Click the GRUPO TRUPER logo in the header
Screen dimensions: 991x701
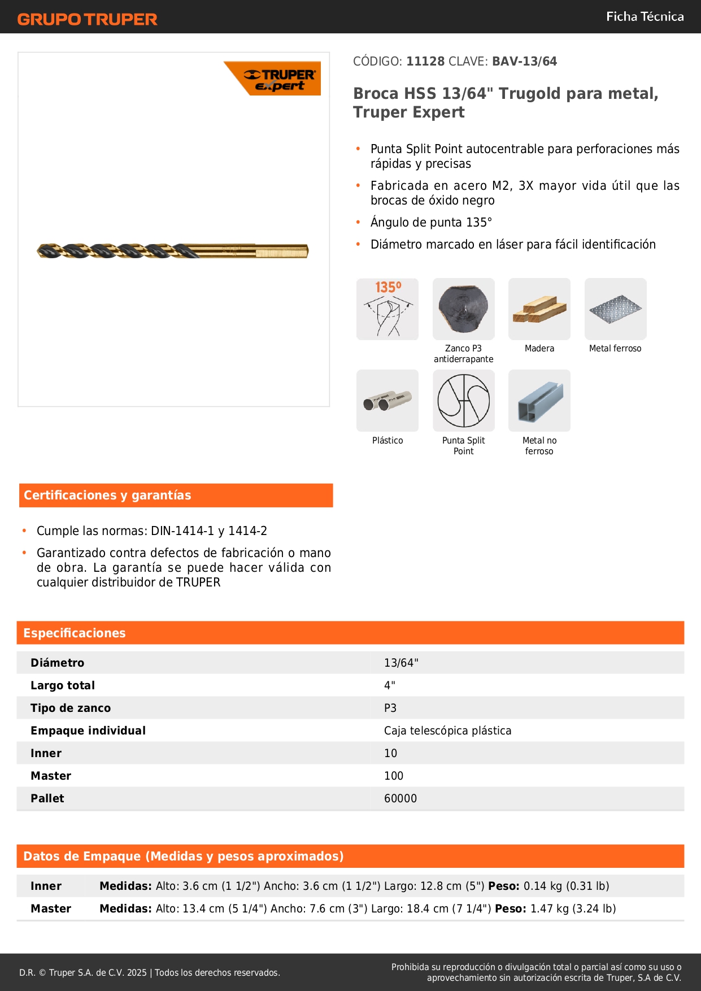tap(87, 19)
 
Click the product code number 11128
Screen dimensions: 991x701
tap(425, 61)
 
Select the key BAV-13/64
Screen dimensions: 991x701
tap(524, 61)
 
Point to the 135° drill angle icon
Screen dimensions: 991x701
tap(387, 309)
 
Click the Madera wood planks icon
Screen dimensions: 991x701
tap(539, 309)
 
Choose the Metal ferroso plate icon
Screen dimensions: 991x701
tap(615, 309)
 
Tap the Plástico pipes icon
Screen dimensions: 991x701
tap(387, 401)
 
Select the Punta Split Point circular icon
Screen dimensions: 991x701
tap(464, 401)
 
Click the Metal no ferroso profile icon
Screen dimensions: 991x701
tap(539, 401)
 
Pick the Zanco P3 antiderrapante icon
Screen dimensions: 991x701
tap(464, 309)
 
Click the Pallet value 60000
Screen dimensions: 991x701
tap(400, 798)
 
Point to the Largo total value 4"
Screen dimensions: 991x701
tap(390, 685)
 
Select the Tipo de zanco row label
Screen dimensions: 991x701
tap(71, 708)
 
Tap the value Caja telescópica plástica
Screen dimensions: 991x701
tap(447, 731)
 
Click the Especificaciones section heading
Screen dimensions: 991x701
tap(75, 633)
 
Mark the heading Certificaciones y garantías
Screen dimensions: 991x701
tap(107, 495)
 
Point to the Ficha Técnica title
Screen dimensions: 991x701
tap(645, 16)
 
